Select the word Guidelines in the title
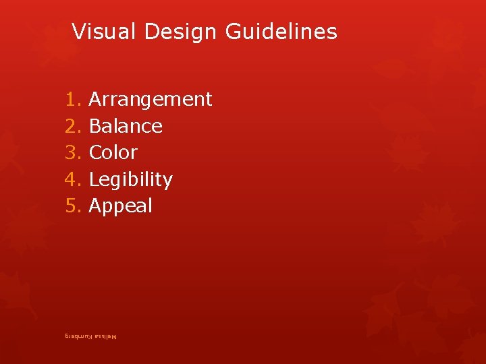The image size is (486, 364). pyautogui.click(x=281, y=32)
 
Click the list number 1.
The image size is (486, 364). pyautogui.click(x=72, y=100)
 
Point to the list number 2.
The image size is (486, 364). pyautogui.click(x=72, y=126)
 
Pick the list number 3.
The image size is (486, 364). pyautogui.click(x=72, y=152)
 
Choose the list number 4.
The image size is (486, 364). pyautogui.click(x=72, y=180)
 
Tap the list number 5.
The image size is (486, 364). pyautogui.click(x=72, y=206)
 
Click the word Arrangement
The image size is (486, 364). pyautogui.click(x=151, y=100)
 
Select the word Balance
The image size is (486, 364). pyautogui.click(x=126, y=126)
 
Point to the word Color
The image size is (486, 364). pyautogui.click(x=113, y=152)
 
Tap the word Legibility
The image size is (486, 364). pyautogui.click(x=130, y=180)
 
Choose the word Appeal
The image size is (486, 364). pyautogui.click(x=120, y=206)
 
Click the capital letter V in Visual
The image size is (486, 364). pyautogui.click(x=78, y=32)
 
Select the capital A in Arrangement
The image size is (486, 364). pyautogui.click(x=95, y=100)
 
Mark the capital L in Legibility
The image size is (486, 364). pyautogui.click(x=94, y=180)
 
